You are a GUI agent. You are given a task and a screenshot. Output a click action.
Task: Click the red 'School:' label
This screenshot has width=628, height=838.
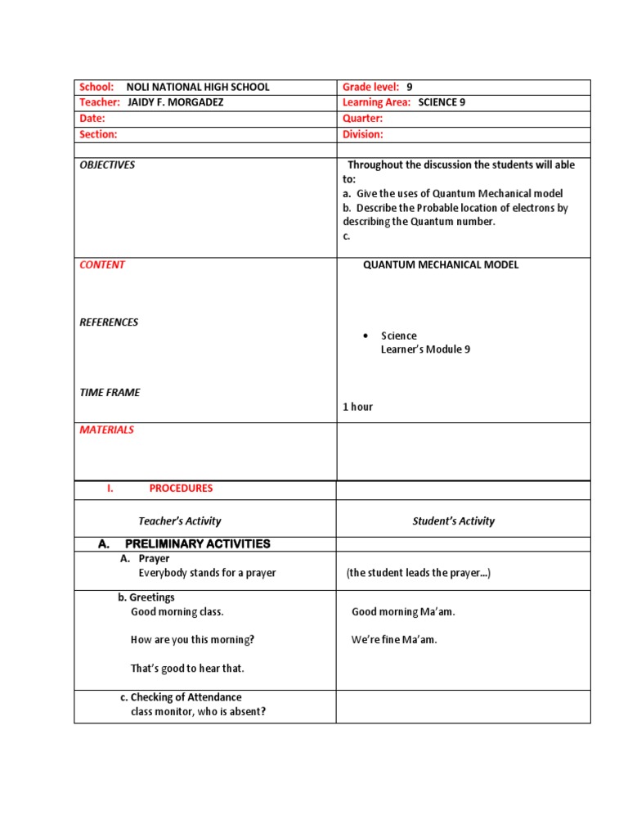pos(96,87)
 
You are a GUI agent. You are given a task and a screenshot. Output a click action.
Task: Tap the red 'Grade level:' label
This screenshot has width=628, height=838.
pos(370,87)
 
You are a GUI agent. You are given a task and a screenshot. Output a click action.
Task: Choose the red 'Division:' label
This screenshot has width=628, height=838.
pos(362,134)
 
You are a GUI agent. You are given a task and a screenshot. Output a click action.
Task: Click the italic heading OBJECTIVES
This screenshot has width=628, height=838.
pos(107,164)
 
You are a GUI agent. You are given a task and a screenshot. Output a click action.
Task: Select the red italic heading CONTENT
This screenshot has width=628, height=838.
pos(102,264)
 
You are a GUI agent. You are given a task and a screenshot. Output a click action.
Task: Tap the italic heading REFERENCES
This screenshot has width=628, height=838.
pos(109,322)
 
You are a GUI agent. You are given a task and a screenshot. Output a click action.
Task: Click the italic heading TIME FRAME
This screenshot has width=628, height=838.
pos(110,392)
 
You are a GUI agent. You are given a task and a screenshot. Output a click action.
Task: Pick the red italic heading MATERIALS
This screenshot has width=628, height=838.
pos(106,430)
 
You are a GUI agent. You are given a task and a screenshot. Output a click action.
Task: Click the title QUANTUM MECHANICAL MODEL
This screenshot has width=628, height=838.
pos(441,264)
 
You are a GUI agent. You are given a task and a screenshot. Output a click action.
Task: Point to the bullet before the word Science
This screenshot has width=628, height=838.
pos(366,336)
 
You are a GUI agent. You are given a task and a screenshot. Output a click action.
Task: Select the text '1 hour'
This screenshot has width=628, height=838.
pos(357,407)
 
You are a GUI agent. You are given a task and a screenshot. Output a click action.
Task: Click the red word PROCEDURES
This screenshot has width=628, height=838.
pos(181,488)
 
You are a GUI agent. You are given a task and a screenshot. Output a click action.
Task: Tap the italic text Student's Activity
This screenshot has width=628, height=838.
pos(453,520)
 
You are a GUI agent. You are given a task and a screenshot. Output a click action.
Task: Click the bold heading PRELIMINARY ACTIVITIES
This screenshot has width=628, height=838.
pos(197,544)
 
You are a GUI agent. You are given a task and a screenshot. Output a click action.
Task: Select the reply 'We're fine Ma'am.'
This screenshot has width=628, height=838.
pos(394,640)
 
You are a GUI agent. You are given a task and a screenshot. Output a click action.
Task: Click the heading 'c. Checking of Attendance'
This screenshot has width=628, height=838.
pos(181,697)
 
